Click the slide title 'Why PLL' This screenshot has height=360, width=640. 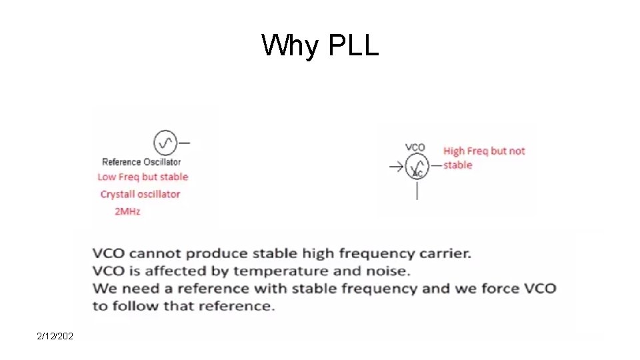[320, 46]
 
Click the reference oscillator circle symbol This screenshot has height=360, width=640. [164, 142]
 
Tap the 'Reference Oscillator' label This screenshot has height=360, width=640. [141, 161]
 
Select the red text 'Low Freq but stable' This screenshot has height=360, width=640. [143, 177]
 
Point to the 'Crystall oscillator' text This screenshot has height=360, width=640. [140, 194]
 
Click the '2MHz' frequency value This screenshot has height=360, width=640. [127, 211]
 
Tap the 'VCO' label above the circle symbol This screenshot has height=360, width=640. [415, 147]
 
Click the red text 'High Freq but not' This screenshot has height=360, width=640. [484, 151]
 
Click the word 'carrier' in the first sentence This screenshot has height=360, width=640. [445, 253]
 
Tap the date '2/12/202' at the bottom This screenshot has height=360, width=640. [55, 337]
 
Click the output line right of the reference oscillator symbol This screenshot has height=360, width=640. [184, 142]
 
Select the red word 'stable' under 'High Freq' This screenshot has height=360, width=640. [457, 165]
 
